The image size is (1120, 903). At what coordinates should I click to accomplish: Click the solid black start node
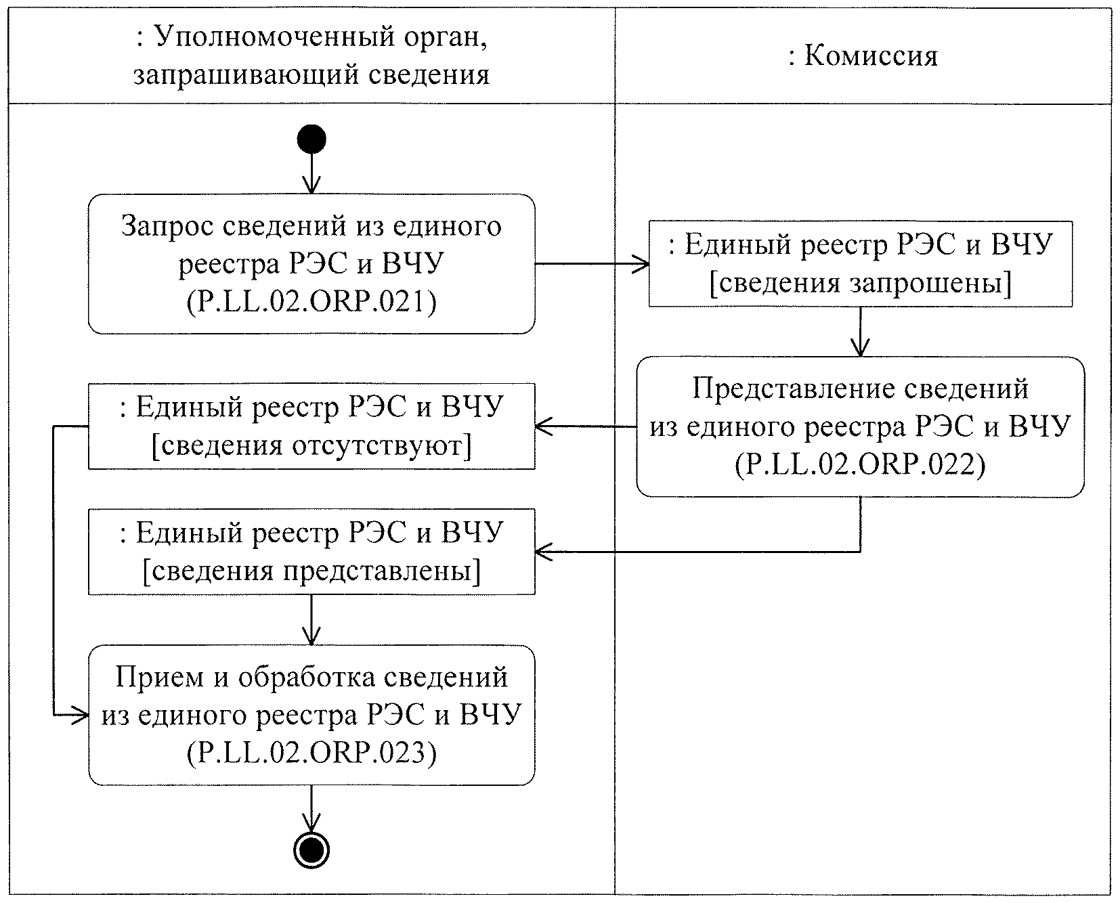click(x=311, y=140)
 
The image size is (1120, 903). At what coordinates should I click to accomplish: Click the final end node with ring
click(x=311, y=849)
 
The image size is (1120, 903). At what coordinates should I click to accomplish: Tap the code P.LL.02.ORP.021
click(x=311, y=302)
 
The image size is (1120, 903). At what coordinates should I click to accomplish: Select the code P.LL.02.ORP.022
click(x=860, y=465)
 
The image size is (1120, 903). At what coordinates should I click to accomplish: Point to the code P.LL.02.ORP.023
click(x=311, y=753)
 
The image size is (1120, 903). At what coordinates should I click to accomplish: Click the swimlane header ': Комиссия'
click(x=863, y=56)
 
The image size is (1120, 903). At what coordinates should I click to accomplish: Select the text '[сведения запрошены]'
click(x=860, y=284)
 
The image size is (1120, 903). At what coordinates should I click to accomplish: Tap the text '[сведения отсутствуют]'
click(x=311, y=446)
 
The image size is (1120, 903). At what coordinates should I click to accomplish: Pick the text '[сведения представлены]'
click(x=311, y=571)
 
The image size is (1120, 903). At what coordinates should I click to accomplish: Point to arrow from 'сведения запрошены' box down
click(x=860, y=332)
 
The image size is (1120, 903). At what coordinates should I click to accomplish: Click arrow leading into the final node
click(x=311, y=809)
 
